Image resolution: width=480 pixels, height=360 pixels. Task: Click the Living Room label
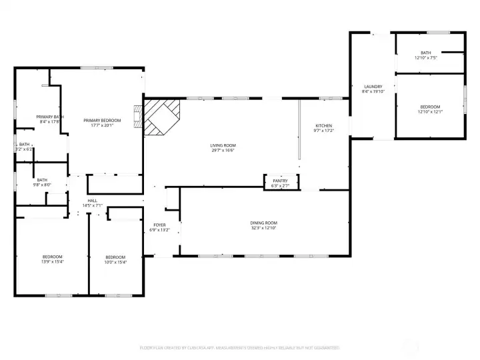tap(223, 145)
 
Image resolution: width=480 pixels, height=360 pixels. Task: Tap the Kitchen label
tap(323, 126)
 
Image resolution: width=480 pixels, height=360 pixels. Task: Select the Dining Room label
tap(263, 223)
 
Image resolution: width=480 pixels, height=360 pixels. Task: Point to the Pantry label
tap(280, 181)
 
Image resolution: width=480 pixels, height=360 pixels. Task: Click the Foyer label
tap(159, 225)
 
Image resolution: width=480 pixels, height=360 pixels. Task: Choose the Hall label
tap(92, 201)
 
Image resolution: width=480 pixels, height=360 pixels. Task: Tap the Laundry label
tap(373, 87)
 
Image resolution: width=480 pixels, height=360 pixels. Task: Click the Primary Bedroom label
tap(97, 120)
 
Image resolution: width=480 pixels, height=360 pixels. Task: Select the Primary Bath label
tap(50, 117)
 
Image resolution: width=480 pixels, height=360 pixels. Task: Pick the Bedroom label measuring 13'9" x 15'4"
tap(52, 257)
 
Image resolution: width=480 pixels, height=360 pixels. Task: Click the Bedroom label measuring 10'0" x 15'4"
tap(115, 257)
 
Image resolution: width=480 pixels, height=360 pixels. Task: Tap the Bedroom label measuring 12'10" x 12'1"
tap(430, 107)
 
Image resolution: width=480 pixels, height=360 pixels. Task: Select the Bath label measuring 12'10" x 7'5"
tap(425, 53)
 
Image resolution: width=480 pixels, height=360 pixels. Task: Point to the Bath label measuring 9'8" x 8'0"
tap(42, 179)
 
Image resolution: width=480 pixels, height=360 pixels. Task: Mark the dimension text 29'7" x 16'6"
tap(223, 151)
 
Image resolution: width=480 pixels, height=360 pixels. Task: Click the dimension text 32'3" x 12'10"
tap(263, 228)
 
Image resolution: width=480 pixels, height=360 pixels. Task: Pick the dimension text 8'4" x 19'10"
tap(373, 92)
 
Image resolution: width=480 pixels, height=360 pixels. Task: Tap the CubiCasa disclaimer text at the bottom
tap(240, 347)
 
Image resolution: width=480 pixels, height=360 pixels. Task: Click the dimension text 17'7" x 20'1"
tap(97, 125)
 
